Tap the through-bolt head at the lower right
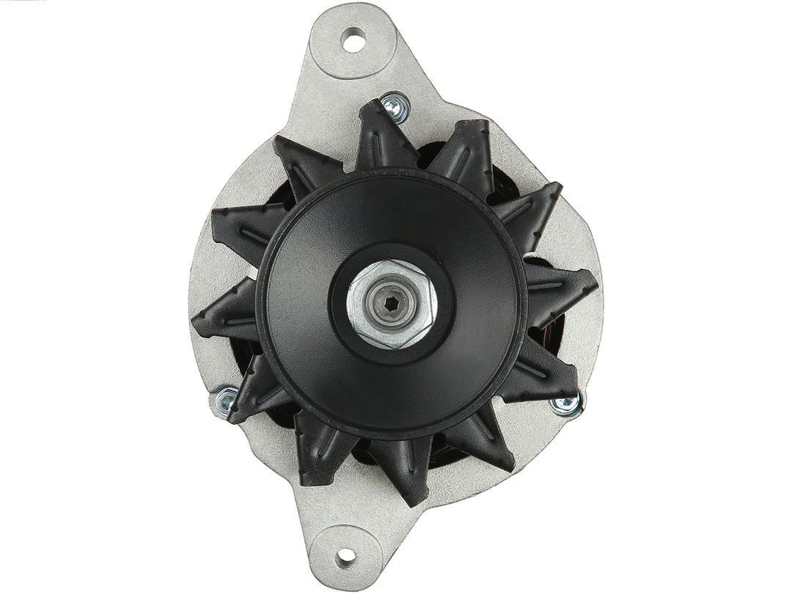coord(569,402)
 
